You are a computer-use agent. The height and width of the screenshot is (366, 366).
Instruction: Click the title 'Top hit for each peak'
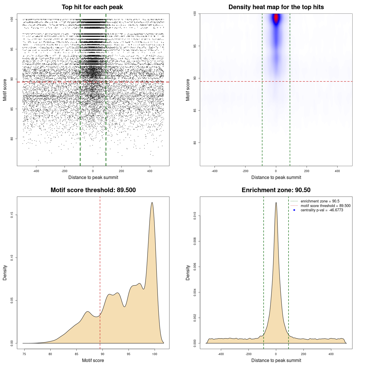[92, 7]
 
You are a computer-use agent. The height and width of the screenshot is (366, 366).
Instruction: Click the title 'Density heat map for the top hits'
[276, 7]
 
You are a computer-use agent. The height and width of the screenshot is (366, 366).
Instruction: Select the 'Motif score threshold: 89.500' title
[93, 190]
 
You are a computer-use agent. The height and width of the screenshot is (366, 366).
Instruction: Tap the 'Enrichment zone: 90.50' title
[276, 190]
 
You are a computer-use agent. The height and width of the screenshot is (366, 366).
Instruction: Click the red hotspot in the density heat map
[276, 18]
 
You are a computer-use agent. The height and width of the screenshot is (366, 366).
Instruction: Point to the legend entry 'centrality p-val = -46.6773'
[322, 210]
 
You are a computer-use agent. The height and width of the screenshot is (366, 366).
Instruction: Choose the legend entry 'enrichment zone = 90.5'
[320, 201]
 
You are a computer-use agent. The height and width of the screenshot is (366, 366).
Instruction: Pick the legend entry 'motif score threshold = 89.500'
[325, 206]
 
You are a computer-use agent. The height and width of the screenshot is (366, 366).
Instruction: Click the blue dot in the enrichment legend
[294, 210]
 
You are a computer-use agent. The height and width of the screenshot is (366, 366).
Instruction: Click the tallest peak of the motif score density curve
[152, 203]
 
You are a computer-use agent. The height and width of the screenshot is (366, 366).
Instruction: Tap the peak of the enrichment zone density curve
[276, 203]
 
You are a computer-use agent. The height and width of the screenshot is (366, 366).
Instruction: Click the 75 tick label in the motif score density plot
[24, 354]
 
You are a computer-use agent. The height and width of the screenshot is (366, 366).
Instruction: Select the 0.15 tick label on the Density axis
[12, 215]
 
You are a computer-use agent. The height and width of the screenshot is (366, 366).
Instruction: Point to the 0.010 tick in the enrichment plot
[195, 216]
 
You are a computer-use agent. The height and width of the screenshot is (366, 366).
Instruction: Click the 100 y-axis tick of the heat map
[195, 13]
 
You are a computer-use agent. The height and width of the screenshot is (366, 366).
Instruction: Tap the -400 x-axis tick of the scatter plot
[36, 171]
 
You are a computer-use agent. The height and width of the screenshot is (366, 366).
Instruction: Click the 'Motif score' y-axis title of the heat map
[188, 90]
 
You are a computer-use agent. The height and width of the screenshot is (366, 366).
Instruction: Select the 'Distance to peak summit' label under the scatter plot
[93, 178]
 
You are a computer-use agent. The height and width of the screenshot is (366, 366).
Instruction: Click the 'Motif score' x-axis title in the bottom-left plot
[93, 360]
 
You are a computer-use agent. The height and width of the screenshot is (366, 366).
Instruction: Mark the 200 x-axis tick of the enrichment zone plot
[304, 354]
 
